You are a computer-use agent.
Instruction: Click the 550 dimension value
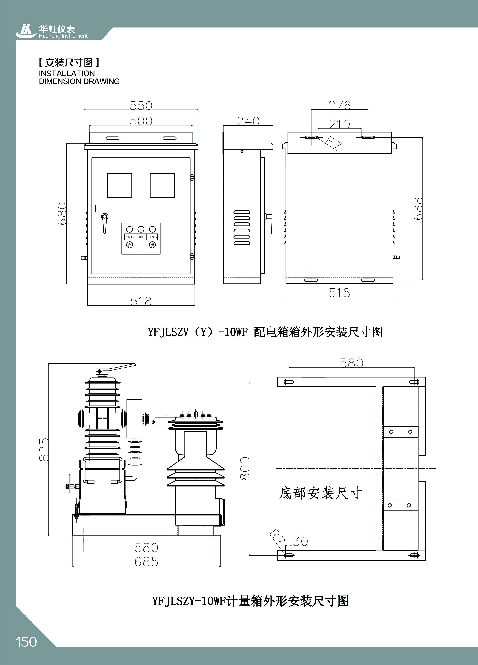(141, 105)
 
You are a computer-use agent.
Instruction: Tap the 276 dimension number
(339, 105)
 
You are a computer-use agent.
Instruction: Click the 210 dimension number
(339, 124)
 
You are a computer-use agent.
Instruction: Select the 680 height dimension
(62, 214)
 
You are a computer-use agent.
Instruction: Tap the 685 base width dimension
(146, 562)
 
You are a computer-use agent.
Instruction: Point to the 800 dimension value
(245, 468)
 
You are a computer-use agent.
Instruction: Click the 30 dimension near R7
(301, 541)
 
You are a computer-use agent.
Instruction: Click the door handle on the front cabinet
(104, 222)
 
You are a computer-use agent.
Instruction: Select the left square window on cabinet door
(119, 185)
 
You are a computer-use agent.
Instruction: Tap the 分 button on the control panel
(152, 244)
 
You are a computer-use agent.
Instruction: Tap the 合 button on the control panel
(130, 244)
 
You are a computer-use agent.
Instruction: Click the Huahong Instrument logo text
(63, 36)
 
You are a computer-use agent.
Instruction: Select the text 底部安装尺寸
(320, 493)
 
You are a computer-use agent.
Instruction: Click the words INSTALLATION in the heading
(67, 73)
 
